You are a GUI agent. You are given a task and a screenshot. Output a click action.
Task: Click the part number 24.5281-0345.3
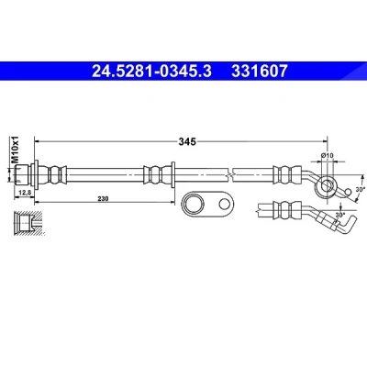point(151,71)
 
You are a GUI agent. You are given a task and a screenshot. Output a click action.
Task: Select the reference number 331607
point(260,71)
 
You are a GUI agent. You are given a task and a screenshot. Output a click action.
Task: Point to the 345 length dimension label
point(187,141)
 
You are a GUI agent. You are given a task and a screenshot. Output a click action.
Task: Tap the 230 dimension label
point(104,199)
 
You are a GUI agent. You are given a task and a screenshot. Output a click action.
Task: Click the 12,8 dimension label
point(24,192)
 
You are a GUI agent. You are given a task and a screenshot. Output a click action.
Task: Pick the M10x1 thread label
point(15,150)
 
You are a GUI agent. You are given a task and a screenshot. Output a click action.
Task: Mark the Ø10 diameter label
point(327,156)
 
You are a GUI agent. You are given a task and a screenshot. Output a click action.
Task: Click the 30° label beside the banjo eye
point(361,189)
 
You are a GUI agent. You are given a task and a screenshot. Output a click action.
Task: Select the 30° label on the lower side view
point(339,215)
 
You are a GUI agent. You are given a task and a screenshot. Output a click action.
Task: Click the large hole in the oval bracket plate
point(193,205)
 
